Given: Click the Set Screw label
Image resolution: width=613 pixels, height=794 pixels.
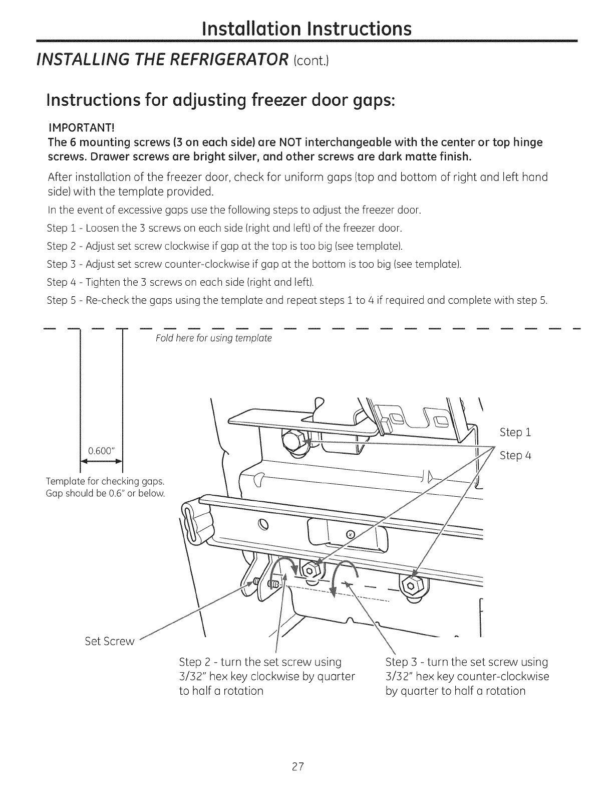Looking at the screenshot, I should (x=110, y=642).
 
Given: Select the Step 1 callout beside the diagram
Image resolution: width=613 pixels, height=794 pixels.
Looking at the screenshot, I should (x=515, y=432).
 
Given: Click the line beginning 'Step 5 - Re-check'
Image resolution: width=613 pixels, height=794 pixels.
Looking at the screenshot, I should (x=297, y=300).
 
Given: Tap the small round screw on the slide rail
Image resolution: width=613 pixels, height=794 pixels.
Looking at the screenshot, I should (x=350, y=534).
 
